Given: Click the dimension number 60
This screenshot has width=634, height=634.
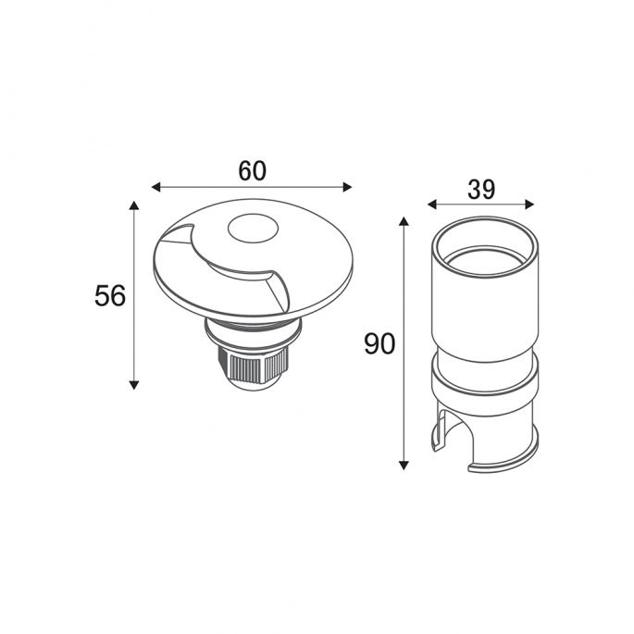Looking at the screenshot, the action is (253, 170).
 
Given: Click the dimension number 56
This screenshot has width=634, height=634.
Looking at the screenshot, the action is (110, 295).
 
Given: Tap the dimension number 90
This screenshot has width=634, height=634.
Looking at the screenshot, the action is (379, 344).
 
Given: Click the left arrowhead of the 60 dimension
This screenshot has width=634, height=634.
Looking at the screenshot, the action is (156, 187).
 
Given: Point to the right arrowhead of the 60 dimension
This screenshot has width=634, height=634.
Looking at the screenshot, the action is (347, 187).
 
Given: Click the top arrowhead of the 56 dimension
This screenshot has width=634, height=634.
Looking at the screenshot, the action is (134, 205).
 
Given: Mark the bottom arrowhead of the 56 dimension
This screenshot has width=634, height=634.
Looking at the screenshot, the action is (134, 385).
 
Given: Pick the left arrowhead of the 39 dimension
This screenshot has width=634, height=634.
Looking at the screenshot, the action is (432, 205).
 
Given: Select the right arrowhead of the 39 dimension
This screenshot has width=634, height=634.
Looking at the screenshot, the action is (529, 205).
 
